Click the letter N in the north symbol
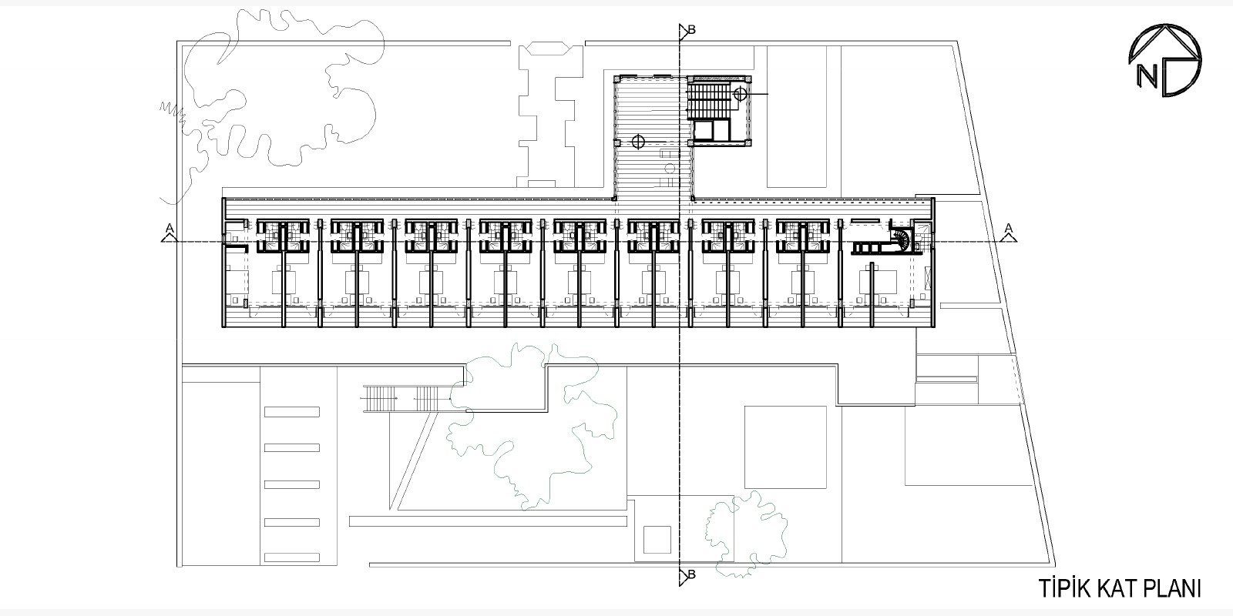(1147, 76)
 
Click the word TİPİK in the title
(1064, 588)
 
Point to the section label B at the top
(692, 30)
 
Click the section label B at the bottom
(692, 574)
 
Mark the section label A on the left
(170, 228)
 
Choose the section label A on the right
(1009, 228)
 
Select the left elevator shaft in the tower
(703, 131)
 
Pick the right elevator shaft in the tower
(721, 131)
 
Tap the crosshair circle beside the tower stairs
(740, 94)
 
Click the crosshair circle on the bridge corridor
(638, 142)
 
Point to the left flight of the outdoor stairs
(378, 398)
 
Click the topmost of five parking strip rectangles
(292, 411)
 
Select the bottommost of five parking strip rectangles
(292, 557)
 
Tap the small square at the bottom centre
(657, 540)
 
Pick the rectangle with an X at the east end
(929, 279)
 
